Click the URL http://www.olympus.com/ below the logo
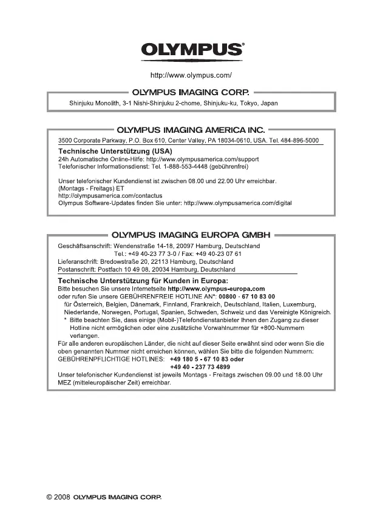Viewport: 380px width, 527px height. pyautogui.click(x=191, y=76)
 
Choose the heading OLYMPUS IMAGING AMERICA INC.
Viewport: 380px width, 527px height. pyautogui.click(x=191, y=130)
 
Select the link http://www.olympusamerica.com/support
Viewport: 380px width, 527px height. pyautogui.click(x=203, y=158)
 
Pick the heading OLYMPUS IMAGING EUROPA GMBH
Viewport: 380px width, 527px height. pyautogui.click(x=191, y=235)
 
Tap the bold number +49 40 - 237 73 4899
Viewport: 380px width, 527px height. pyautogui.click(x=200, y=367)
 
